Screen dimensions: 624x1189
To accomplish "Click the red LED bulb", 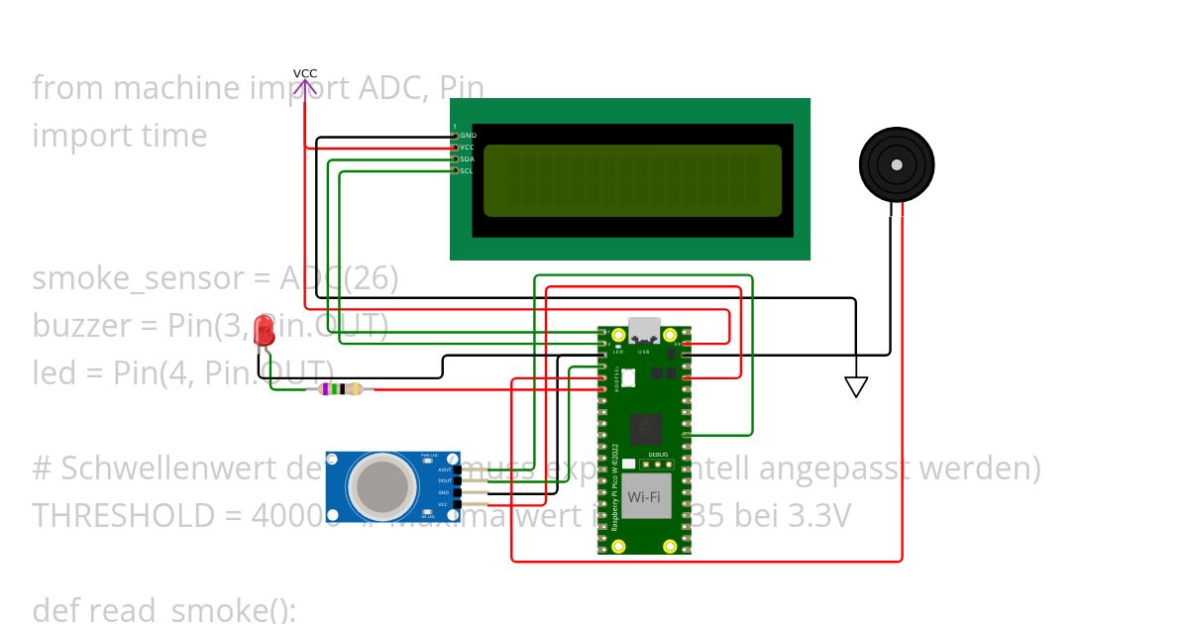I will tap(264, 331).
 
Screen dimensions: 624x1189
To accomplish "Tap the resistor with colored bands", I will tap(338, 389).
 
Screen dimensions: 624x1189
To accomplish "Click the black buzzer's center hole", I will tap(896, 164).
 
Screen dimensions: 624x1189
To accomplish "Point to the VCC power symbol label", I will tap(305, 74).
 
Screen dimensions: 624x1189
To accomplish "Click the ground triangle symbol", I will tap(856, 386).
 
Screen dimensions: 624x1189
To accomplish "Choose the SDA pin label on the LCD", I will tap(467, 158).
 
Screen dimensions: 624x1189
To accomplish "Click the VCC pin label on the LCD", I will tap(467, 147).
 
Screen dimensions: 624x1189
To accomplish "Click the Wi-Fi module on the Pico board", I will tap(644, 494).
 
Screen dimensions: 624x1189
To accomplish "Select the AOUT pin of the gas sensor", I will tap(445, 469).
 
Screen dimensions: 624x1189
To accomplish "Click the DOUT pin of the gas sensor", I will tap(445, 481).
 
